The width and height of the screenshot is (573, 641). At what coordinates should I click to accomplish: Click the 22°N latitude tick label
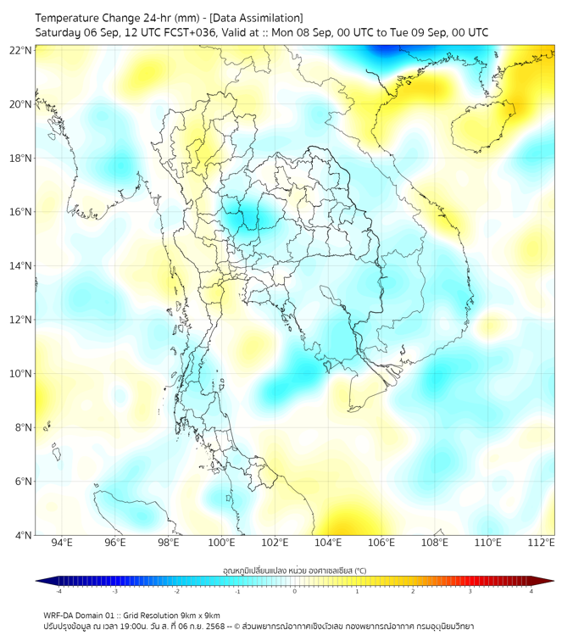[x=21, y=51]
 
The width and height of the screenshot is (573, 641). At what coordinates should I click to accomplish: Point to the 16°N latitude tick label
[x=21, y=212]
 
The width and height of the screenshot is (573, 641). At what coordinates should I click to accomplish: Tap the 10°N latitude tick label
[x=21, y=374]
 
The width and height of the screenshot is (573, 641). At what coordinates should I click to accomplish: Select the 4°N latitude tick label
[x=24, y=535]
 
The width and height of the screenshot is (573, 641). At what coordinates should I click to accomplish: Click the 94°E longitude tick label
[x=62, y=543]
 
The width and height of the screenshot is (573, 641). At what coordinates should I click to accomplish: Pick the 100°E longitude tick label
[x=221, y=543]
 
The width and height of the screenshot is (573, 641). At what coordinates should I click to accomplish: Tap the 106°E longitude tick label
[x=381, y=543]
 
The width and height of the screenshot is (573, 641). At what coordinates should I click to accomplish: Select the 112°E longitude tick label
[x=541, y=543]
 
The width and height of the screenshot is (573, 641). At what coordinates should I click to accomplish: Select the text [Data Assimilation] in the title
[x=255, y=17]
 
